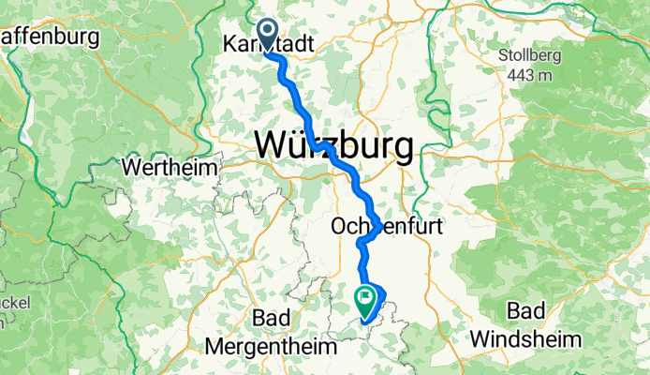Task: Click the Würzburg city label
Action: (x=333, y=146)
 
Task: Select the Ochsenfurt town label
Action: (x=374, y=227)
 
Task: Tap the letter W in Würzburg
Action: (x=272, y=146)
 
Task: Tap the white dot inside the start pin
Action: (x=267, y=32)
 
